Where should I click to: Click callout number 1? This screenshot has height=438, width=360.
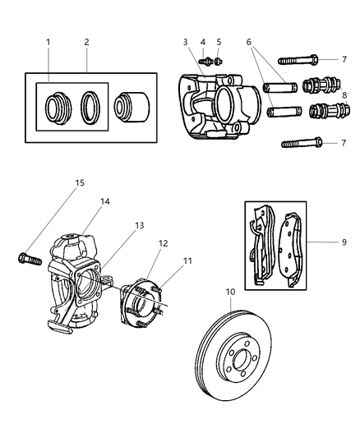pos(48,41)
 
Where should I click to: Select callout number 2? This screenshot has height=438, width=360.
pos(86,41)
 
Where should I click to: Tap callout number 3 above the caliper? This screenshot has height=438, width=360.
pos(186,41)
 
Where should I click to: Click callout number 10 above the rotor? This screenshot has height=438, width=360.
pos(232,291)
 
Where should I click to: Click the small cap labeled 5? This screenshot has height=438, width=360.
pos(218,61)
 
